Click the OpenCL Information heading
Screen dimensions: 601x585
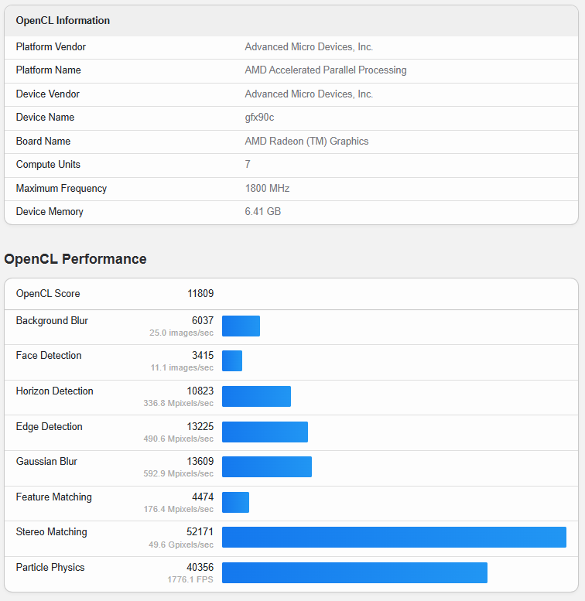(x=63, y=20)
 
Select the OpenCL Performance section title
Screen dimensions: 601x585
(x=75, y=259)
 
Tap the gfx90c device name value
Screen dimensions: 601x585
(x=259, y=118)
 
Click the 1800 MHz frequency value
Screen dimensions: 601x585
(x=267, y=189)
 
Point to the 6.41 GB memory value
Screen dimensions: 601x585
(x=263, y=212)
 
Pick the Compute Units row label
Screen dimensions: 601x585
(x=48, y=165)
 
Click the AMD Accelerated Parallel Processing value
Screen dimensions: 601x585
(x=325, y=70)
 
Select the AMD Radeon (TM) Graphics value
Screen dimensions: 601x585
(x=306, y=142)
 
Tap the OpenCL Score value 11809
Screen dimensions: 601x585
(x=200, y=294)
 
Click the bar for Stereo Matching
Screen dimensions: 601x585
(x=394, y=538)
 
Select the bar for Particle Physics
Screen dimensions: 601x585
(x=354, y=572)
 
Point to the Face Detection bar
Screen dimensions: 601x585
(x=232, y=361)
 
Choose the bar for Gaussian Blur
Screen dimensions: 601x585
(x=267, y=467)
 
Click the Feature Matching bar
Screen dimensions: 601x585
(x=235, y=502)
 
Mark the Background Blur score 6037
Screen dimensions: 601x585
(x=203, y=321)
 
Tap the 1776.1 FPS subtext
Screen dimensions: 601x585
(x=190, y=579)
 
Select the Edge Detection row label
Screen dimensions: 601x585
(x=49, y=427)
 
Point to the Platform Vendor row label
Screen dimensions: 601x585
(x=51, y=47)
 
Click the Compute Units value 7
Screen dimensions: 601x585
(x=248, y=165)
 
